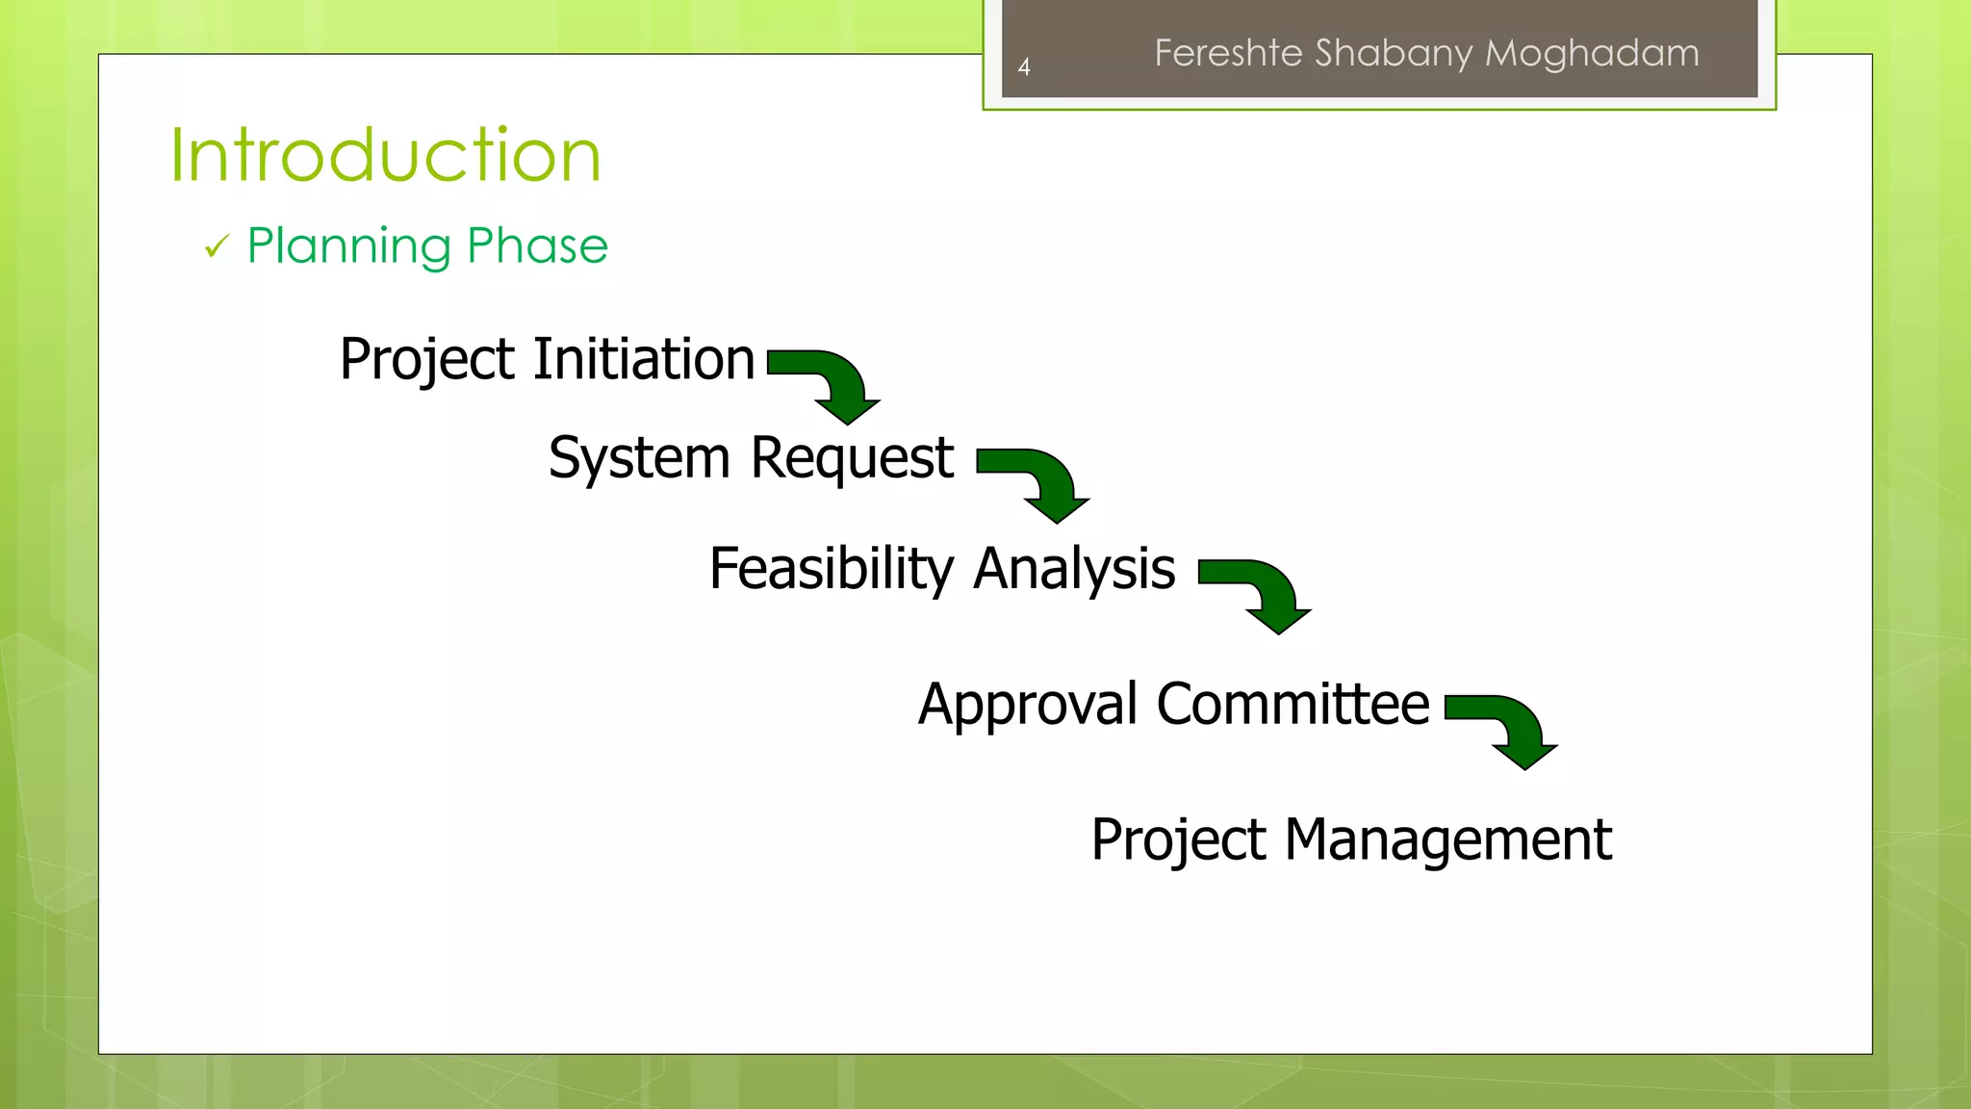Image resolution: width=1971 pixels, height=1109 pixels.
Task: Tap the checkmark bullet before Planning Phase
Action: point(217,247)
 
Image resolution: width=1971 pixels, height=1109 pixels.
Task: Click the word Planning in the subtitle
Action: point(348,246)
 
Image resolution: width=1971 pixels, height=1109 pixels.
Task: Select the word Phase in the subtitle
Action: point(537,245)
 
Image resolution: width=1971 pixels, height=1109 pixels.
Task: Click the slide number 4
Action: point(1024,67)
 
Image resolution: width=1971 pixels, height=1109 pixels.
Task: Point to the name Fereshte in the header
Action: point(1228,53)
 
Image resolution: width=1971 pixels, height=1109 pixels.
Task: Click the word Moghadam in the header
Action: point(1592,53)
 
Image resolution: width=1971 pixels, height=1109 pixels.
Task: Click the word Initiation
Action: point(644,359)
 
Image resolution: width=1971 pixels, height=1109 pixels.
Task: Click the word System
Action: point(639,458)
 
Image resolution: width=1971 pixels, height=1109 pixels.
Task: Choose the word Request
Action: point(852,458)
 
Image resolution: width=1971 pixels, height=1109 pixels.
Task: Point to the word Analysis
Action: point(1074,569)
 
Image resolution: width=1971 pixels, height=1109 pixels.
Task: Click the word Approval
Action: point(1027,705)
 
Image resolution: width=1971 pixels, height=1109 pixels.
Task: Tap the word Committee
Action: point(1293,704)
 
